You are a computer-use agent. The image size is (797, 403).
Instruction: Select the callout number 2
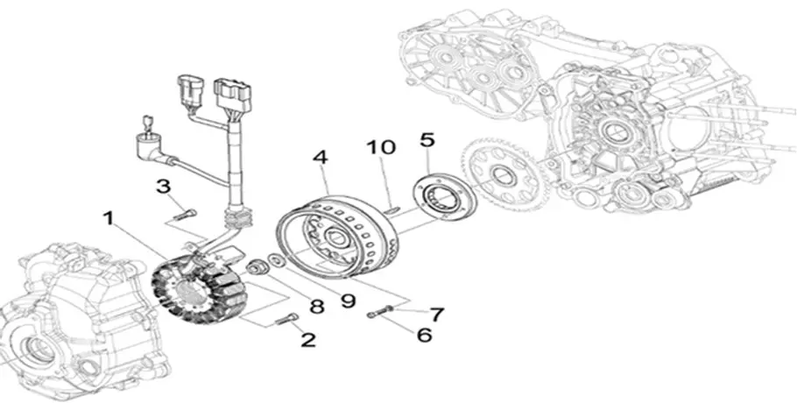(x=307, y=340)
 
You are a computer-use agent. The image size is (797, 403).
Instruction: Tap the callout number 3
(x=163, y=186)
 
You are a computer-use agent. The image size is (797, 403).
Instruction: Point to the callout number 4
(x=321, y=159)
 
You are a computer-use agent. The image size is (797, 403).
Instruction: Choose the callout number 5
(x=427, y=139)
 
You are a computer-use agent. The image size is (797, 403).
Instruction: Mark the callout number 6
(x=424, y=335)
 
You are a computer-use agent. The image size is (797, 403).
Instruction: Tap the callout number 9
(x=348, y=300)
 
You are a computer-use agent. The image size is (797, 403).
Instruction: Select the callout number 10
(x=382, y=147)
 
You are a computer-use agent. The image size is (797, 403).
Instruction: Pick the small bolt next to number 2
(x=284, y=321)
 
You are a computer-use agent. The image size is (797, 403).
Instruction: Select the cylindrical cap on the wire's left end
(x=144, y=143)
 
